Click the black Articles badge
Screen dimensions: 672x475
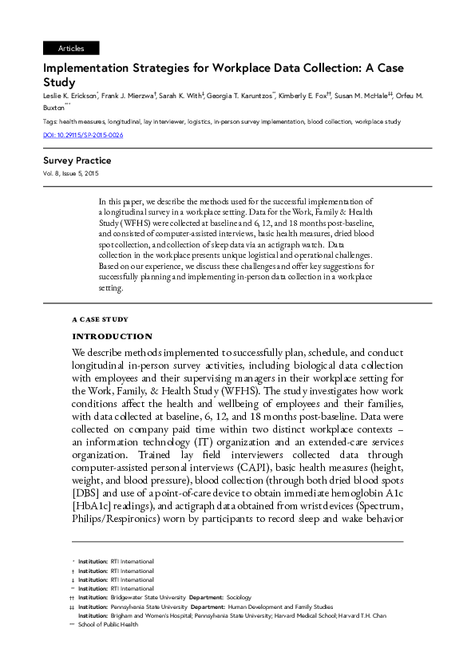coord(71,49)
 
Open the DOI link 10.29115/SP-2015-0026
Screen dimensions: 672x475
coord(83,135)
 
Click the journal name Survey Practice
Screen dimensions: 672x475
coord(77,160)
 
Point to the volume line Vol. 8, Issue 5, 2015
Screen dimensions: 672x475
coord(71,173)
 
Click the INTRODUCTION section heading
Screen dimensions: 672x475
coord(112,337)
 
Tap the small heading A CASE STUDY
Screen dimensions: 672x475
coord(100,319)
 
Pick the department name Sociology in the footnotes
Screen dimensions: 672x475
coord(239,597)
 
